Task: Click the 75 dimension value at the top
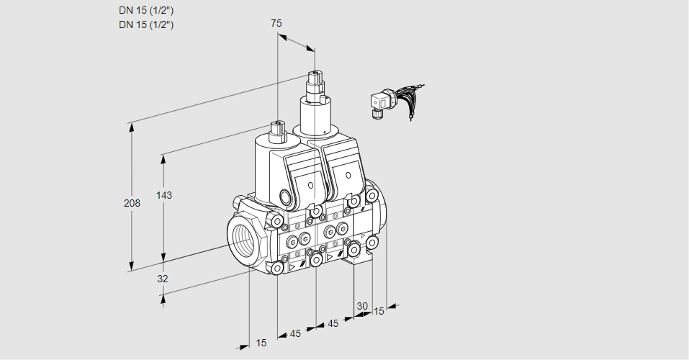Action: pos(276,23)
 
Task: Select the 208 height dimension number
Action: pos(132,203)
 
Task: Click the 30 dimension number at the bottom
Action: pos(361,307)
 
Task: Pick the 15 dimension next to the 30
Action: pos(379,311)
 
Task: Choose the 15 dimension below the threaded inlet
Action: pos(261,343)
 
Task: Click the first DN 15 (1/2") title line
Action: pos(147,10)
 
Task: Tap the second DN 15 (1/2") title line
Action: pos(147,24)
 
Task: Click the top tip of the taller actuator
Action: pos(314,73)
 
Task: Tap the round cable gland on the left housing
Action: pos(285,197)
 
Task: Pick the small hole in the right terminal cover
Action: pos(349,176)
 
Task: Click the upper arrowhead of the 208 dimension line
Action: pos(132,123)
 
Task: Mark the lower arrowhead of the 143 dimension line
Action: pos(164,258)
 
